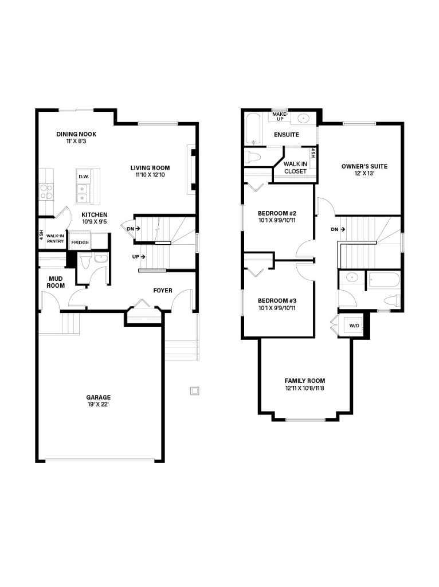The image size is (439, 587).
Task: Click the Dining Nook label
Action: point(76,134)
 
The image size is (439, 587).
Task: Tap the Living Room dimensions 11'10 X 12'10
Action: point(150,175)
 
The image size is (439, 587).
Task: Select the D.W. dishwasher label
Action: point(84,177)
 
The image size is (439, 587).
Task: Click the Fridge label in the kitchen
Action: point(80,242)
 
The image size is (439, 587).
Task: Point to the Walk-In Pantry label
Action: point(55,238)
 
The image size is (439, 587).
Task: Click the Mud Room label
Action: point(56,281)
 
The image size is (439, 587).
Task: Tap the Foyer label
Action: point(163,291)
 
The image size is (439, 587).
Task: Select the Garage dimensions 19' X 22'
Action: point(99,405)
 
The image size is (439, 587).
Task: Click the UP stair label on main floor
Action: point(136,256)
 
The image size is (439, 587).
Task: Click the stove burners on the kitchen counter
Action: point(46,191)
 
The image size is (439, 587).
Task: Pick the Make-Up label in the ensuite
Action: point(280,116)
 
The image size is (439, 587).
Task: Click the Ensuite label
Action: point(286,135)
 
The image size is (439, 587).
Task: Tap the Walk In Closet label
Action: point(295,167)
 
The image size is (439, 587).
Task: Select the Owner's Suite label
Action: point(364,166)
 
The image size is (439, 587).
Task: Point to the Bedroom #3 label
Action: point(277,300)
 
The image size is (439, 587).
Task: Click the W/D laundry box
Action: point(354,326)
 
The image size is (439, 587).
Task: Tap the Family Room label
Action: point(305,381)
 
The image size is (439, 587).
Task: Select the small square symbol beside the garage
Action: point(195,391)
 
